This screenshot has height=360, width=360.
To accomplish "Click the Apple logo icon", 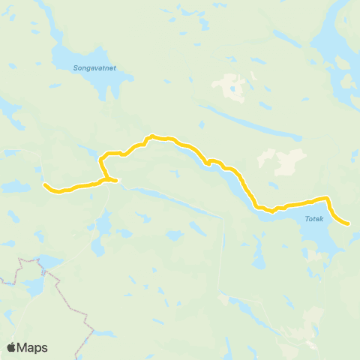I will pos(11,347).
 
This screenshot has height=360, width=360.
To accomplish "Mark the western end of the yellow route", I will pos(45,184).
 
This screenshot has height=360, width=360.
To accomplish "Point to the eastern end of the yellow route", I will pos(349,223).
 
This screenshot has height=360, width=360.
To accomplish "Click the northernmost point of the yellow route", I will pos(152,136).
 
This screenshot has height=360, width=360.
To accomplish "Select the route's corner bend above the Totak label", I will pos(327,198).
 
